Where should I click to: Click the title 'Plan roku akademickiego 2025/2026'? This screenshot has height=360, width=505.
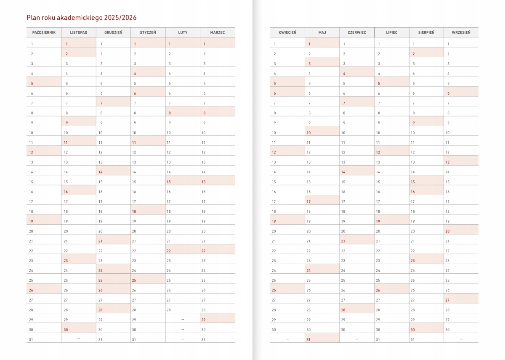point(81,18)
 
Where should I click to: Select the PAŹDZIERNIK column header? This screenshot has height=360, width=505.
point(44,32)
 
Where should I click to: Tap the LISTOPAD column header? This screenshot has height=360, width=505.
point(79,32)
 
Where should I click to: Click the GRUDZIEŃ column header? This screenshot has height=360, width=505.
point(113,32)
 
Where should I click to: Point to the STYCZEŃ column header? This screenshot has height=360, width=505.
point(148,32)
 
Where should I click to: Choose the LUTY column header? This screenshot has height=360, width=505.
point(183,32)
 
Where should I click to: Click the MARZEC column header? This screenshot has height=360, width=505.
point(217,32)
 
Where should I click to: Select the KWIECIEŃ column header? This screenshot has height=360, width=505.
point(287,32)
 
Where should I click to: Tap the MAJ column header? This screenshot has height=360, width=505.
point(322,32)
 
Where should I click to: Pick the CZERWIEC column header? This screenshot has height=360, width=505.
point(357,32)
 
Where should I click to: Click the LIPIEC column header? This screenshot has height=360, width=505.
point(391,32)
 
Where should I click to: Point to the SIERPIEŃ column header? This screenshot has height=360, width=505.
point(426,32)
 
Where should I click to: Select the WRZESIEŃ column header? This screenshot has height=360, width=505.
point(461,32)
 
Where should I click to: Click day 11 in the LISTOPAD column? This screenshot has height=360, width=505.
point(66,143)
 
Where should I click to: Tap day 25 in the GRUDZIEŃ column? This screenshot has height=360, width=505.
point(101,281)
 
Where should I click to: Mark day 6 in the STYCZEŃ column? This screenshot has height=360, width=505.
point(135,93)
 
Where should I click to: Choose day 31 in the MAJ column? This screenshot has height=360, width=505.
point(309,340)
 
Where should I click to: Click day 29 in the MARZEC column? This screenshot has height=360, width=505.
point(204,320)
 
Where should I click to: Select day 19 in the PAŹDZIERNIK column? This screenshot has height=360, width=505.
point(31,221)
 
